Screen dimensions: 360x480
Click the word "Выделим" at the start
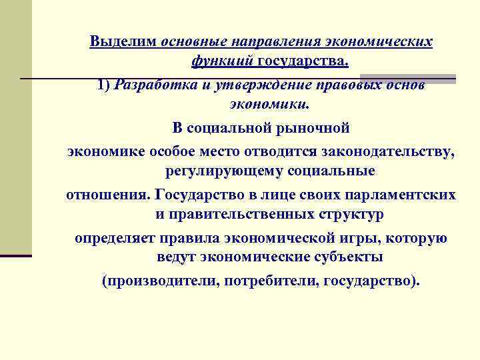tap(123, 42)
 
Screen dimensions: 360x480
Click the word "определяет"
tap(114, 237)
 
